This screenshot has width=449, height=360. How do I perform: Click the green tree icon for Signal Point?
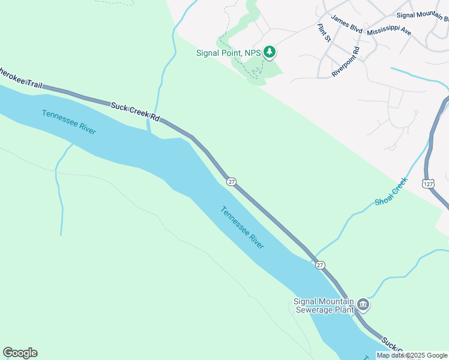[x=270, y=53]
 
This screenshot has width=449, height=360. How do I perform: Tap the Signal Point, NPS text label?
[x=229, y=53]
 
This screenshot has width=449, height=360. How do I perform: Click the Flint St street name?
[x=324, y=33]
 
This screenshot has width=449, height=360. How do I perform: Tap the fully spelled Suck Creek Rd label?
[x=134, y=112]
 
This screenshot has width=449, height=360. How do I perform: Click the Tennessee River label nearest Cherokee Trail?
[x=69, y=122]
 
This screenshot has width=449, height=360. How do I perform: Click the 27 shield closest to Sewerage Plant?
[x=320, y=265]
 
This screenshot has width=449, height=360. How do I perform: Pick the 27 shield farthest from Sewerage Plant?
[x=231, y=181]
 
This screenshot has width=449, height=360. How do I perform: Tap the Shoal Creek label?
[x=391, y=191]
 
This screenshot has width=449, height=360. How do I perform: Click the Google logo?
[x=20, y=353]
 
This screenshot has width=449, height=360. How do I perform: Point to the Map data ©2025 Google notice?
[x=412, y=355]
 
